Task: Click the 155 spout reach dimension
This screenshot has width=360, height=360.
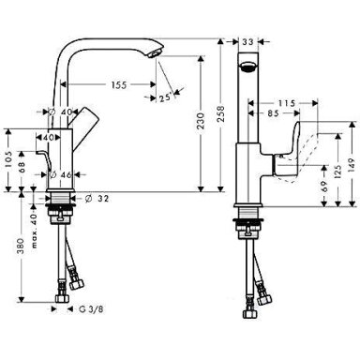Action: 119,84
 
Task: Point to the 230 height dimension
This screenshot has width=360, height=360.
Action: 201,121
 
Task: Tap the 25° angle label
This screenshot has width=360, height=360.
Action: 165,97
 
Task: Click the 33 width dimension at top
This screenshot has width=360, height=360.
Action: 248,41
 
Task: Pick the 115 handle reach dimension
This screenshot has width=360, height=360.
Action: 287,103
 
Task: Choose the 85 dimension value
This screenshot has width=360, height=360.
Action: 273,113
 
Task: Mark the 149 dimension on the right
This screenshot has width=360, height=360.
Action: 352,167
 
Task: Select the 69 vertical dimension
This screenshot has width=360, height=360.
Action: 324,187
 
